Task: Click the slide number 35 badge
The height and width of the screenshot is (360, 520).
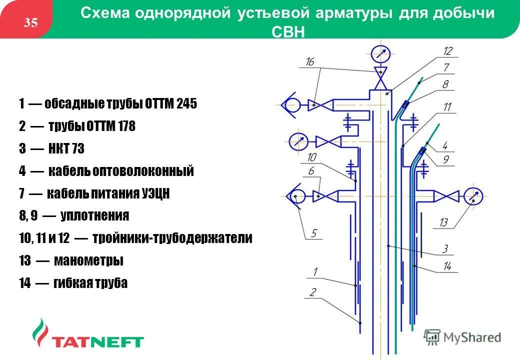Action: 31,22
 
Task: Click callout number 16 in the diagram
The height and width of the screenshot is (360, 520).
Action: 310,61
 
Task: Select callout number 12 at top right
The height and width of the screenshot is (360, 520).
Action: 447,50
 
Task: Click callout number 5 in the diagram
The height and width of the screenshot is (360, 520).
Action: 314,233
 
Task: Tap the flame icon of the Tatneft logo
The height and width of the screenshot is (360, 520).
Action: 39,333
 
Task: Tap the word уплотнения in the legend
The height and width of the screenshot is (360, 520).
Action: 95,216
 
